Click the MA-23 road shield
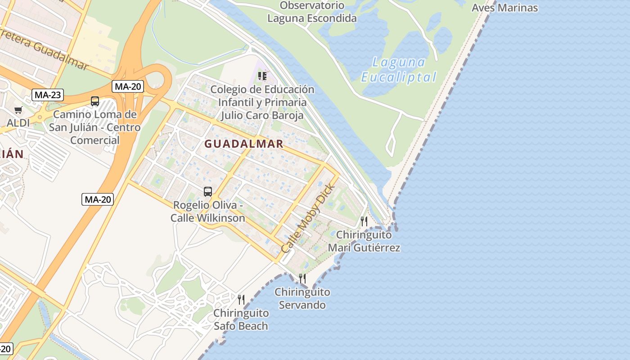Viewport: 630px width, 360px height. pos(48,95)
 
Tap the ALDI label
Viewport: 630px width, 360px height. pos(18,123)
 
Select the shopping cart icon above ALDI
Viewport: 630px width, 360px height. pos(18,110)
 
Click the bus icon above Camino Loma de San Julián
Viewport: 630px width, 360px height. pos(94,101)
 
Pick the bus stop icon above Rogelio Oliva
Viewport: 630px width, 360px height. pos(207,192)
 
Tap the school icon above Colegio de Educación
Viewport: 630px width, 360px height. pos(262,76)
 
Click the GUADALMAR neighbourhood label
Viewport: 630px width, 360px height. pos(244,144)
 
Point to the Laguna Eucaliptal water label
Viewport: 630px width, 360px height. pos(399,70)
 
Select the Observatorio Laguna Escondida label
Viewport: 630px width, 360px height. pos(312,12)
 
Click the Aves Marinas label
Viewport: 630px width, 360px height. pos(504,8)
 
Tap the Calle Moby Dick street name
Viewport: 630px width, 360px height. pos(308,218)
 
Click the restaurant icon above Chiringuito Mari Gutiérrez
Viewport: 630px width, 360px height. pos(364,221)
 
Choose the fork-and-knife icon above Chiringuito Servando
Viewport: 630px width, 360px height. pos(302,279)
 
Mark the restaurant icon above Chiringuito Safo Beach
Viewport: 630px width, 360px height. pos(241,299)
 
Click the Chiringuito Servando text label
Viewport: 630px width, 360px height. pos(302,298)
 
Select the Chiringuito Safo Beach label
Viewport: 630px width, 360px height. pos(241,319)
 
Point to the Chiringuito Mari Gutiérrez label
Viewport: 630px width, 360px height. pos(364,241)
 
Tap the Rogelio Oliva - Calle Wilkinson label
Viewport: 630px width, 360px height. pos(208,211)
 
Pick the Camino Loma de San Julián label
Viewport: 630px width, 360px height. pos(94,127)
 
